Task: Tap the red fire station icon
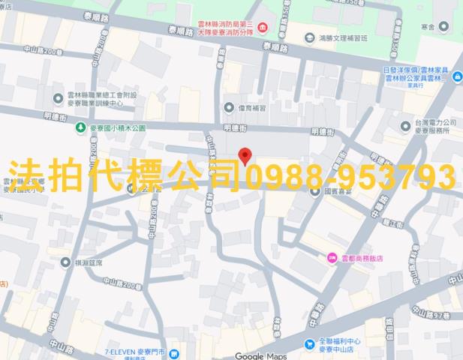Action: coord(261,28)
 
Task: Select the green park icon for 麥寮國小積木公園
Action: coord(80,128)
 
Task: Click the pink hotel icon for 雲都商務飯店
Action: coord(332,258)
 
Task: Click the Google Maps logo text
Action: coord(260,355)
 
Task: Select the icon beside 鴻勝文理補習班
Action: coord(308,37)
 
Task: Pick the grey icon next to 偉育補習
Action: coord(229,106)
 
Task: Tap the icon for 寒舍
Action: coord(443,27)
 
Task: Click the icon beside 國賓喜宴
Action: coord(316,190)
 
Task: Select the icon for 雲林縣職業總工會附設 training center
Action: coord(58,97)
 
